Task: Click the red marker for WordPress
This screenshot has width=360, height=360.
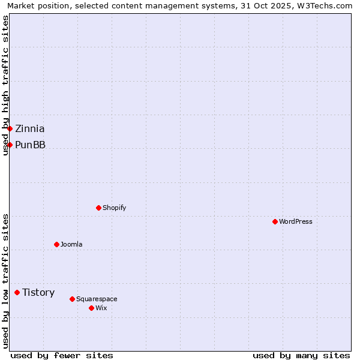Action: (x=275, y=221)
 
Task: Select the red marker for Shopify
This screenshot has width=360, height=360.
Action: (x=98, y=208)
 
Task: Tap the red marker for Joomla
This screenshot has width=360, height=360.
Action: (x=56, y=244)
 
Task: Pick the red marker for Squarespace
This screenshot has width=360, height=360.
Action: (x=72, y=299)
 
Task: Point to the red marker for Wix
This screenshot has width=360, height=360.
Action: (x=91, y=308)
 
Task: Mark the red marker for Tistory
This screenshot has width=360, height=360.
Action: (x=17, y=292)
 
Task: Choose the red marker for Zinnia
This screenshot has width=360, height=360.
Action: (x=10, y=128)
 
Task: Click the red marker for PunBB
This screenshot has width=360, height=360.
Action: (x=10, y=145)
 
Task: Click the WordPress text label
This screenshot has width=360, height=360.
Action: (x=296, y=221)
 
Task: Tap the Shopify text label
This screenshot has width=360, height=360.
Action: (x=114, y=208)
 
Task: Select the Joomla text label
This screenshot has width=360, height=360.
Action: (x=71, y=244)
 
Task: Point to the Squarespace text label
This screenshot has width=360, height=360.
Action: (x=97, y=299)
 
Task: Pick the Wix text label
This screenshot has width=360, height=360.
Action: (x=101, y=308)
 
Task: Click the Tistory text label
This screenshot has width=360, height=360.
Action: (x=38, y=292)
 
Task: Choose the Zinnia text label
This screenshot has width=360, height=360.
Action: (x=30, y=128)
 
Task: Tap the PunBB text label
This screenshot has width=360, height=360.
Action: (x=30, y=145)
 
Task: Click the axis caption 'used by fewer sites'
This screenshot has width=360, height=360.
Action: (x=62, y=355)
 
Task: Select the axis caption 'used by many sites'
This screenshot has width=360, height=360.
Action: (x=301, y=355)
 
